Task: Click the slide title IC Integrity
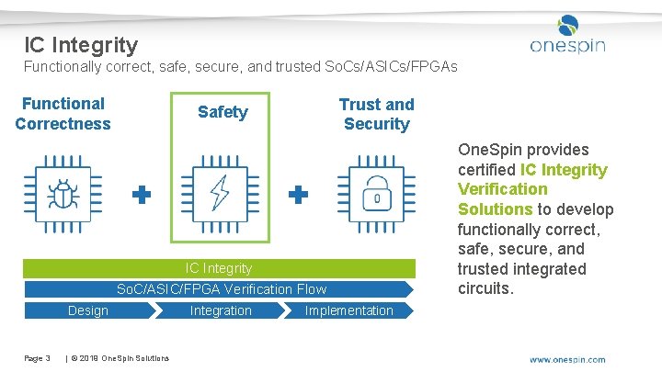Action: pos(81,44)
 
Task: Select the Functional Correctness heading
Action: pos(63,114)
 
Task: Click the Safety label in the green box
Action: pos(223,112)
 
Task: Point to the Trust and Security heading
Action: pos(376,114)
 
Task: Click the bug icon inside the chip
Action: pos(63,195)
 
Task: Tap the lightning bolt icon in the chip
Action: pos(221,193)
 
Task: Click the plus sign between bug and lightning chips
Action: pos(142,195)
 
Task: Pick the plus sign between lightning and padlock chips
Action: pos(298,195)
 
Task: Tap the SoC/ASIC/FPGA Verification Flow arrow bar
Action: pos(222,289)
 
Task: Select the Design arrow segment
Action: pos(88,310)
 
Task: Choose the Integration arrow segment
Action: pos(221,310)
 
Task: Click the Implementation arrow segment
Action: pos(348,310)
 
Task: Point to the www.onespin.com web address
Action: pos(567,359)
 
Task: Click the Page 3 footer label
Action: pos(37,357)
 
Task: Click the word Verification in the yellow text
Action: pos(502,189)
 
